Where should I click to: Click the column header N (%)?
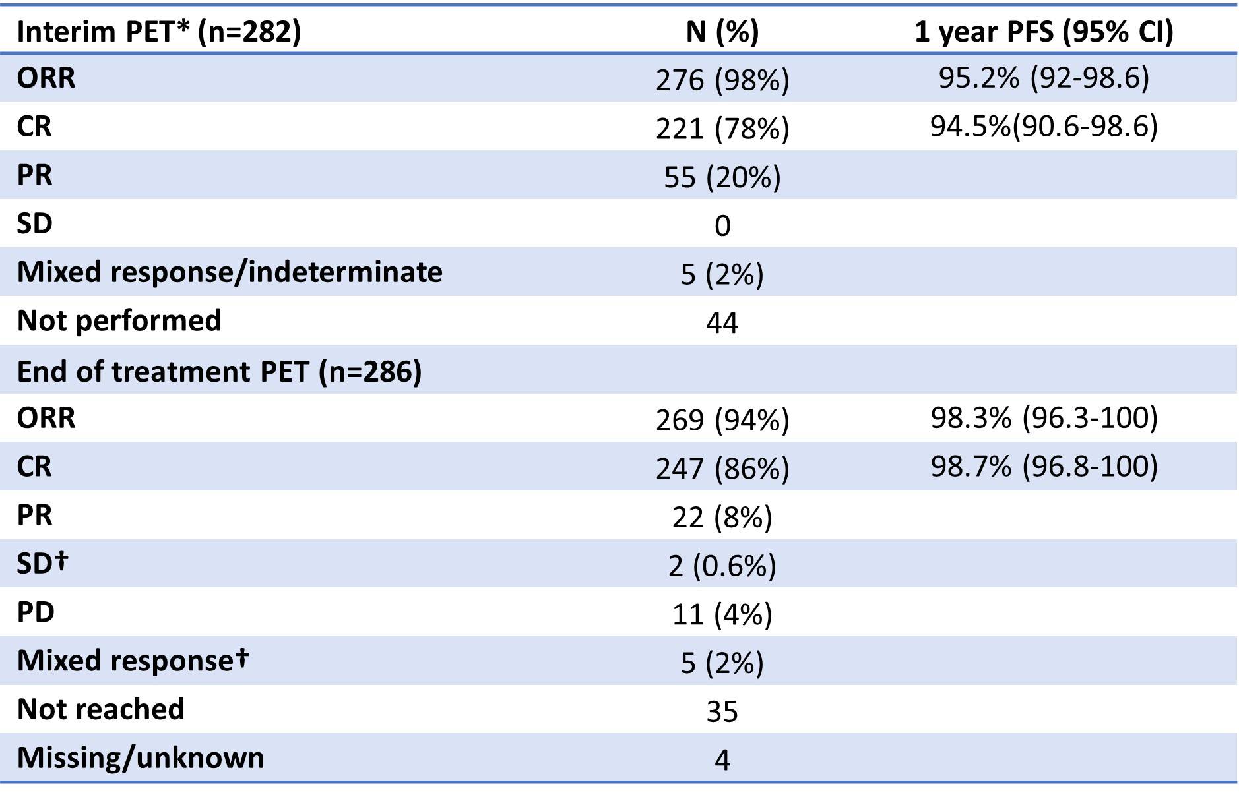[722, 32]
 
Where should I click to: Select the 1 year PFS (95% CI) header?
[1044, 32]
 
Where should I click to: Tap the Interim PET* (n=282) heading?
[159, 32]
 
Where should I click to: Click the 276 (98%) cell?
[722, 80]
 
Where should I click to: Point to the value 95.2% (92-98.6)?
[1044, 78]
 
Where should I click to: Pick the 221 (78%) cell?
[722, 129]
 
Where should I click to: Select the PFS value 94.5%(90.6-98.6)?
[1044, 126]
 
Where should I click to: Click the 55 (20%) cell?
[722, 177]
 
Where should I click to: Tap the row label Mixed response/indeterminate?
[230, 272]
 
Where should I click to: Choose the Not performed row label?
[119, 321]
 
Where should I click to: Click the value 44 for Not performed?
[722, 323]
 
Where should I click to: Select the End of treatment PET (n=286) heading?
[220, 372]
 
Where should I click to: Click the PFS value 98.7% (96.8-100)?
[1044, 467]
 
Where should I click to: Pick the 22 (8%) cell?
[722, 518]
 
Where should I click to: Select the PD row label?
[36, 612]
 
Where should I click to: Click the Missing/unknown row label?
[141, 758]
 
